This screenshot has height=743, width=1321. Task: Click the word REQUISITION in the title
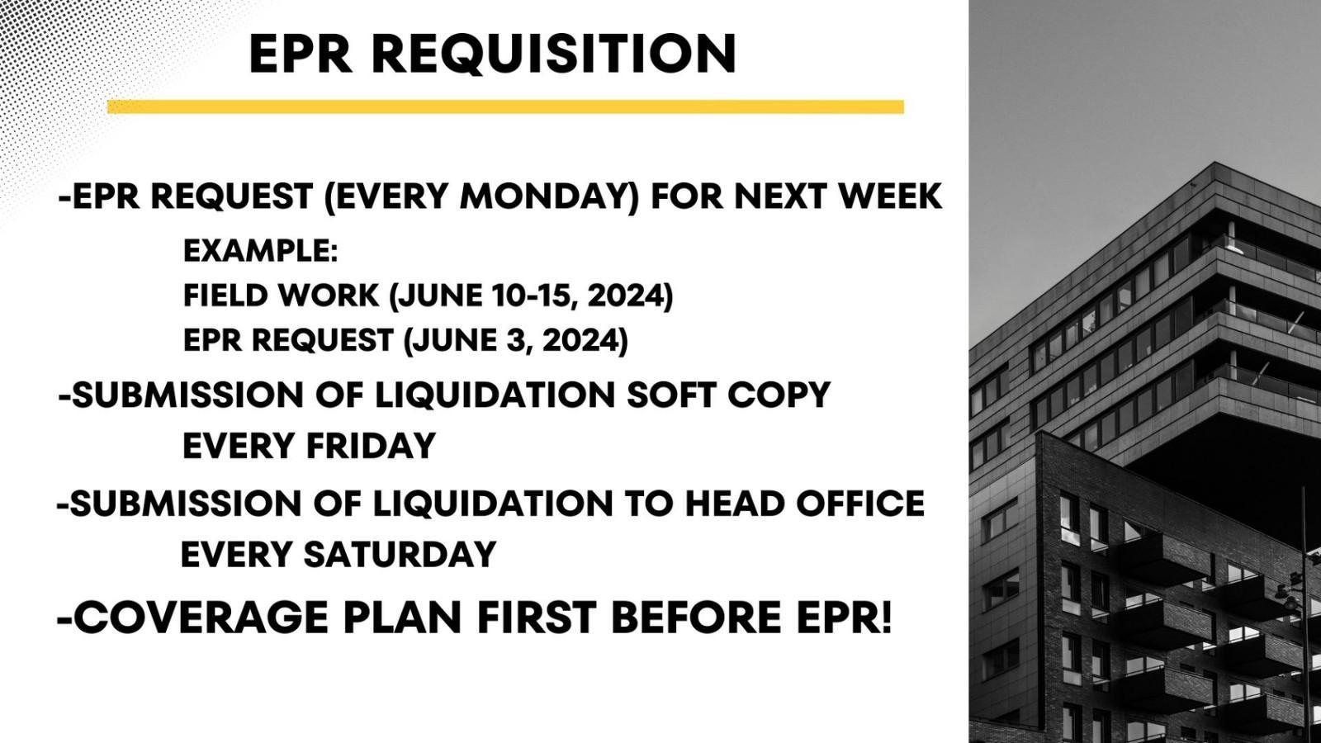[554, 54]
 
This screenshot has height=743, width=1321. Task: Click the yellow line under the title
[505, 106]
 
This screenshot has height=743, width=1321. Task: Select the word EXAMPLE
[261, 251]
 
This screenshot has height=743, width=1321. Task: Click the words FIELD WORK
[281, 295]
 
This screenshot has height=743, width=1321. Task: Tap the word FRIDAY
[371, 446]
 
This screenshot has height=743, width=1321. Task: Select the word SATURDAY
[400, 554]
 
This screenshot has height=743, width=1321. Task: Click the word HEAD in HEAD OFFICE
[733, 504]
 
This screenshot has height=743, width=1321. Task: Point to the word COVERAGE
[201, 617]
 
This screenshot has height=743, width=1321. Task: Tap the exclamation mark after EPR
[884, 617]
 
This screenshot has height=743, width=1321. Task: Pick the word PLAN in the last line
[401, 617]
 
